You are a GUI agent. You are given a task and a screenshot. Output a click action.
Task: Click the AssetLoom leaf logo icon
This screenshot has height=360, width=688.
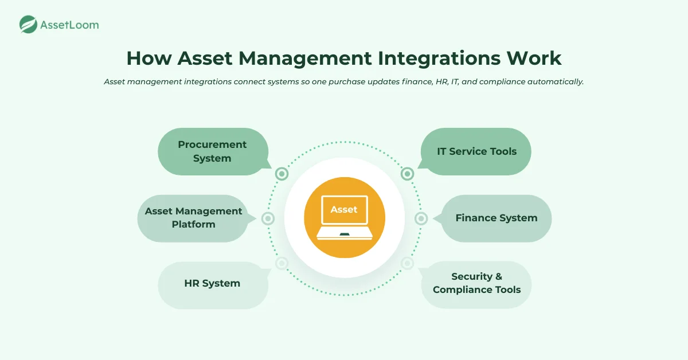pyautogui.click(x=28, y=25)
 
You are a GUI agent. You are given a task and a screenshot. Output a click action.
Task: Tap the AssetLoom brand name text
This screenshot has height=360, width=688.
pyautogui.click(x=69, y=25)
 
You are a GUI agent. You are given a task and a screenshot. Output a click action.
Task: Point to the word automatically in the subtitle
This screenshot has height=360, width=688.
pyautogui.click(x=552, y=82)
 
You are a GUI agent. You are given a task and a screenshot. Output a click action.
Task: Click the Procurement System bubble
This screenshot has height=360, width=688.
pyautogui.click(x=212, y=151)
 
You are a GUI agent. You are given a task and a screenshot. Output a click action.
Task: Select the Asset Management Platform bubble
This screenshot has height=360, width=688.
pyautogui.click(x=193, y=218)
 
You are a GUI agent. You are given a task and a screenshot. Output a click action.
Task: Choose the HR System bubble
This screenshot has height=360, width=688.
pyautogui.click(x=212, y=283)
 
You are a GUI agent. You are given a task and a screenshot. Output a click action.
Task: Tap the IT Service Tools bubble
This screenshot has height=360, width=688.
pyautogui.click(x=476, y=151)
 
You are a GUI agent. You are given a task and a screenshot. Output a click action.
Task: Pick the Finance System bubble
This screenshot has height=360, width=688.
pyautogui.click(x=496, y=218)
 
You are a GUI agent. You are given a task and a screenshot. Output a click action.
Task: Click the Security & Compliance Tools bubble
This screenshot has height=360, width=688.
pyautogui.click(x=476, y=283)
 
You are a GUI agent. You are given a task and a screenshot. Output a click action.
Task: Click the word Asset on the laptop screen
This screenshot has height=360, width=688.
pyautogui.click(x=344, y=210)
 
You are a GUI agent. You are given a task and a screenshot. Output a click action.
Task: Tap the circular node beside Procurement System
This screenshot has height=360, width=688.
pyautogui.click(x=282, y=174)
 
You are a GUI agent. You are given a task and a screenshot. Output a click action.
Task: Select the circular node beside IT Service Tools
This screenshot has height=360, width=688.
pyautogui.click(x=407, y=174)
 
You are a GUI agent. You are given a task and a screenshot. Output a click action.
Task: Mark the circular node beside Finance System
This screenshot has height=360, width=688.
pyautogui.click(x=421, y=218)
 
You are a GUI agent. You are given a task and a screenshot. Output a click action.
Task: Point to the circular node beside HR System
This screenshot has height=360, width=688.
pyautogui.click(x=282, y=263)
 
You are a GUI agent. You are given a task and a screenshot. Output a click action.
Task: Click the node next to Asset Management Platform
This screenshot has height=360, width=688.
pyautogui.click(x=268, y=218)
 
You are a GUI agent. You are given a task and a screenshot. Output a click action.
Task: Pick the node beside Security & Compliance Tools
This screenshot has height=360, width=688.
pyautogui.click(x=407, y=263)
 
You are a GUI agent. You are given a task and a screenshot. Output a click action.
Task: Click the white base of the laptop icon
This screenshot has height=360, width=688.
pyautogui.click(x=344, y=233)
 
